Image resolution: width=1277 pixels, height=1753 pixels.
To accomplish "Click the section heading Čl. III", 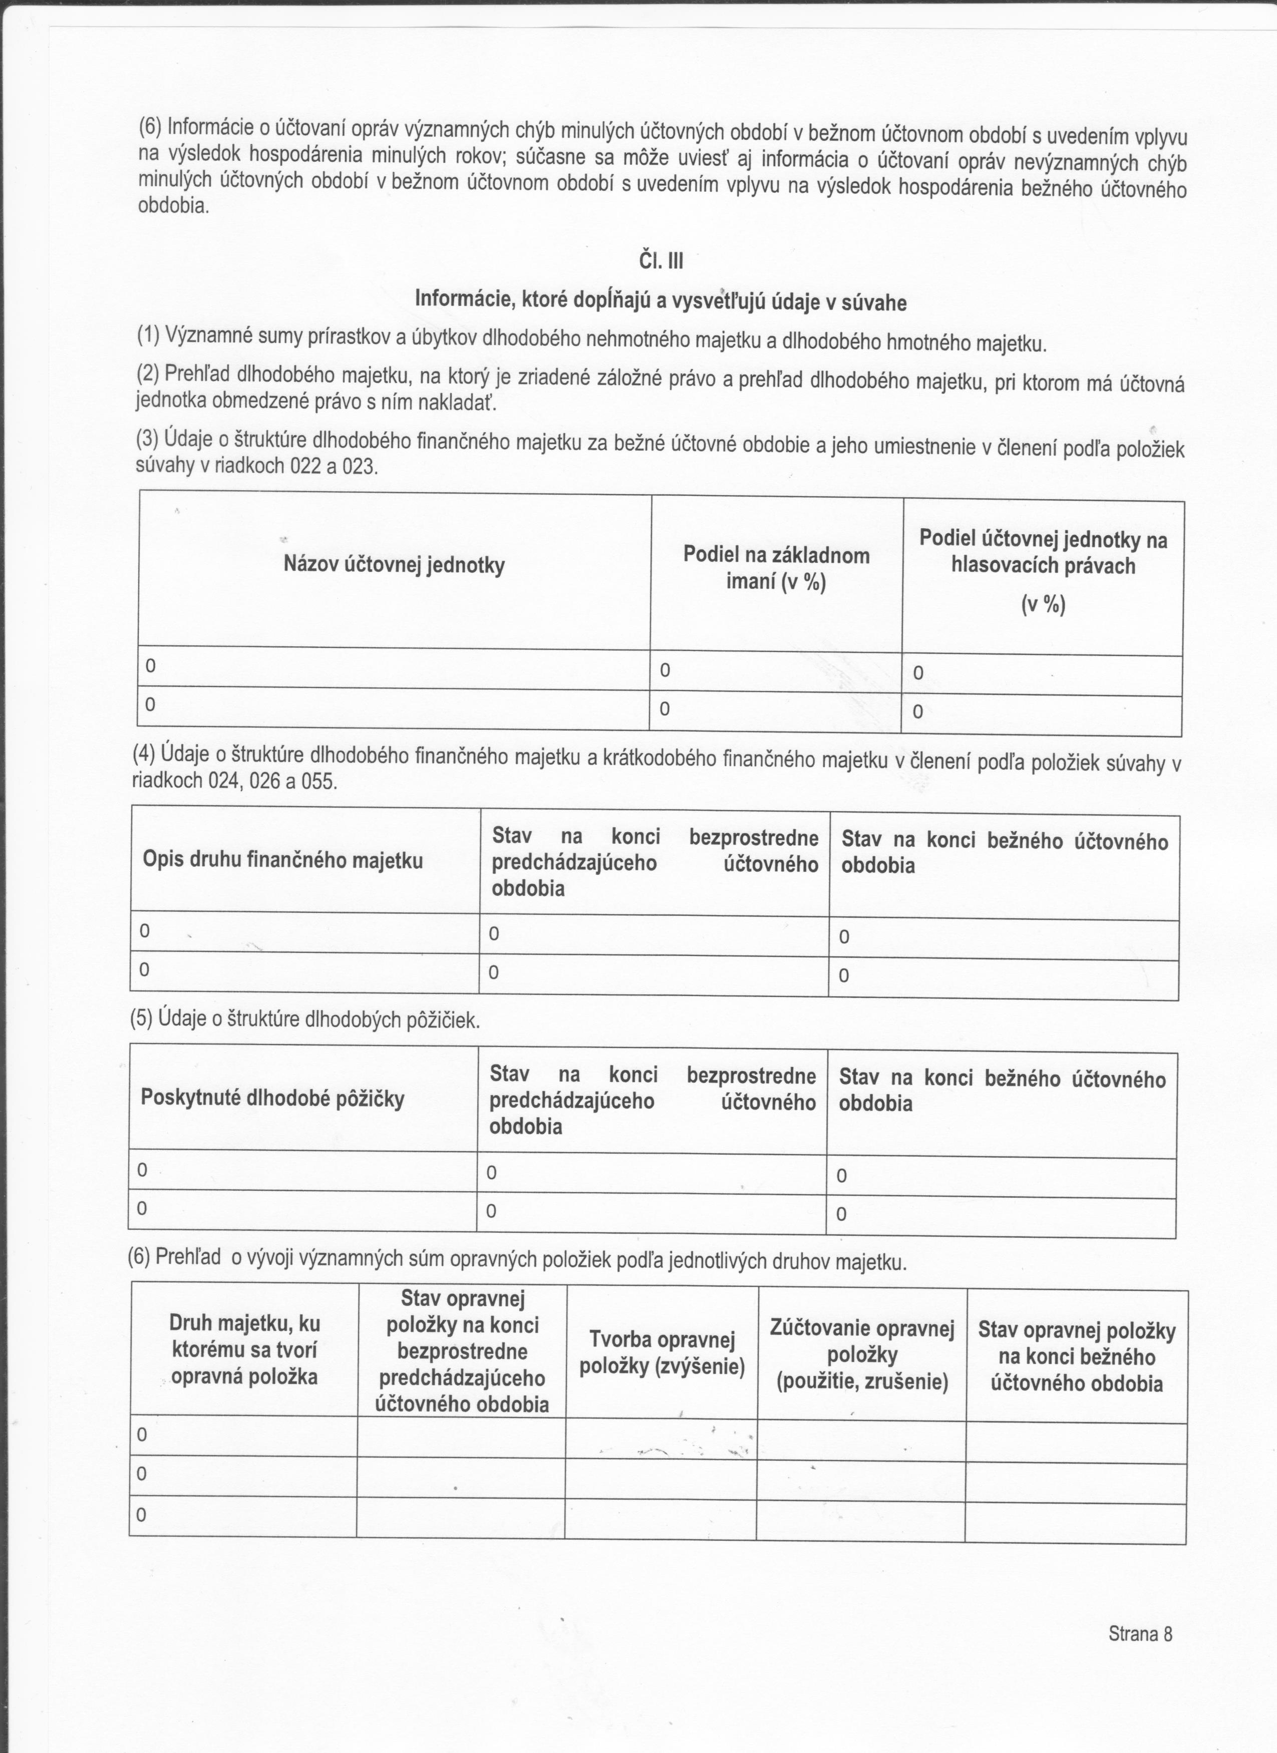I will coord(661,262).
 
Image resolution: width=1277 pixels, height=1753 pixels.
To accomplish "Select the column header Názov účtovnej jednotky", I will coord(394,565).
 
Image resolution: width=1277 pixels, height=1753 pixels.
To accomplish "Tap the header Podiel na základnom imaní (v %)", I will coord(776,568).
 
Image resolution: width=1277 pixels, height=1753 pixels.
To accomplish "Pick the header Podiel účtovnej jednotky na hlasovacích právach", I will coord(1043,553).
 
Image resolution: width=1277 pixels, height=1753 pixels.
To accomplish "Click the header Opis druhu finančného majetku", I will coord(283,860).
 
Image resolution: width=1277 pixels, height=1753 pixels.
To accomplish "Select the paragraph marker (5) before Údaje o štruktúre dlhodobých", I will coord(141,1019).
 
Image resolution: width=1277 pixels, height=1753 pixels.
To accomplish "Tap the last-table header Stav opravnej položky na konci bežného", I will coord(1076,1356).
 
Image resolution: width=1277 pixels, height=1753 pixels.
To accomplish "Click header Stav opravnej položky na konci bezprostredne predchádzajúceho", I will coord(462,1351).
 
